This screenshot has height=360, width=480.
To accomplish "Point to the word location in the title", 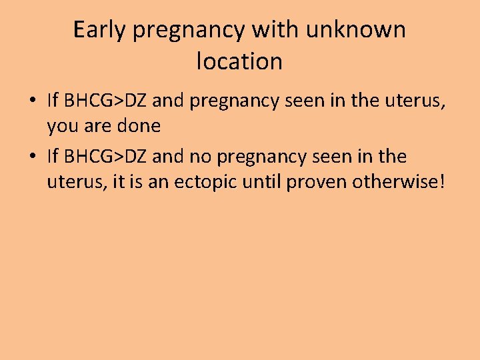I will (240, 61).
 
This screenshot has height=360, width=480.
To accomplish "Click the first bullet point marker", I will (32, 102).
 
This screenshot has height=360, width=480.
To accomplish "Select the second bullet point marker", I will (32, 157).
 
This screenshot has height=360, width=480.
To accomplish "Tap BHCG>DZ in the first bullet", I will (105, 101).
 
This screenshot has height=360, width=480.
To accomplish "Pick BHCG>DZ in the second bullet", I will (105, 157).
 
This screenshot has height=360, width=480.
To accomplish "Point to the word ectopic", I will (205, 181).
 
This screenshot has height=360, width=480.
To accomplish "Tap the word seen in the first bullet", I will (304, 101).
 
